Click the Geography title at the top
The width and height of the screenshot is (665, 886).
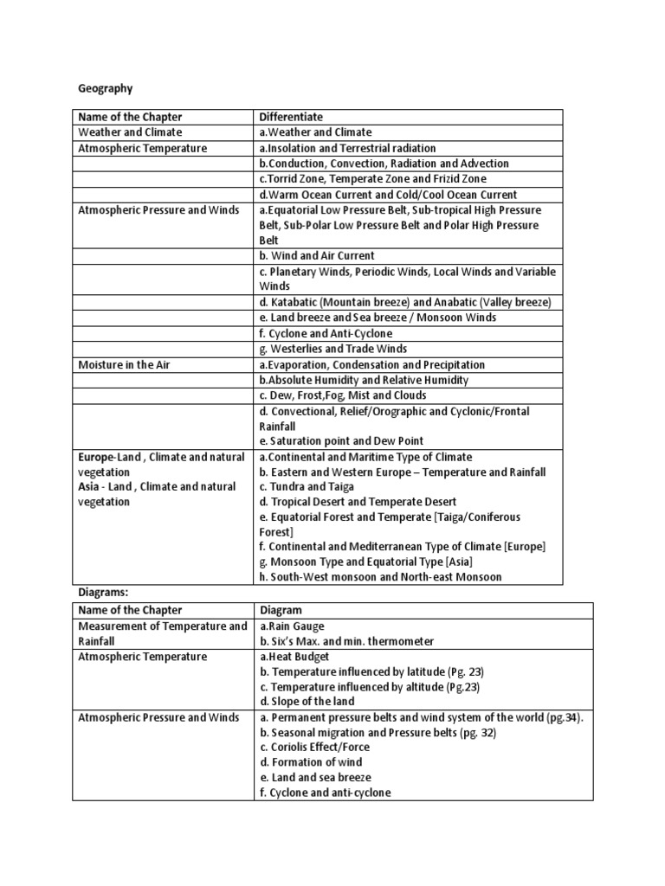pos(105,87)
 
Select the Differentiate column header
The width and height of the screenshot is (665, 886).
pos(293,117)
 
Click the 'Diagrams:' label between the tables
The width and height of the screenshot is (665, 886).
pos(103,594)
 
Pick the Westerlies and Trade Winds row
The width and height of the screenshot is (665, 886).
pos(333,350)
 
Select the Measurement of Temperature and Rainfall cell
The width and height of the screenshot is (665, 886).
pos(162,633)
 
